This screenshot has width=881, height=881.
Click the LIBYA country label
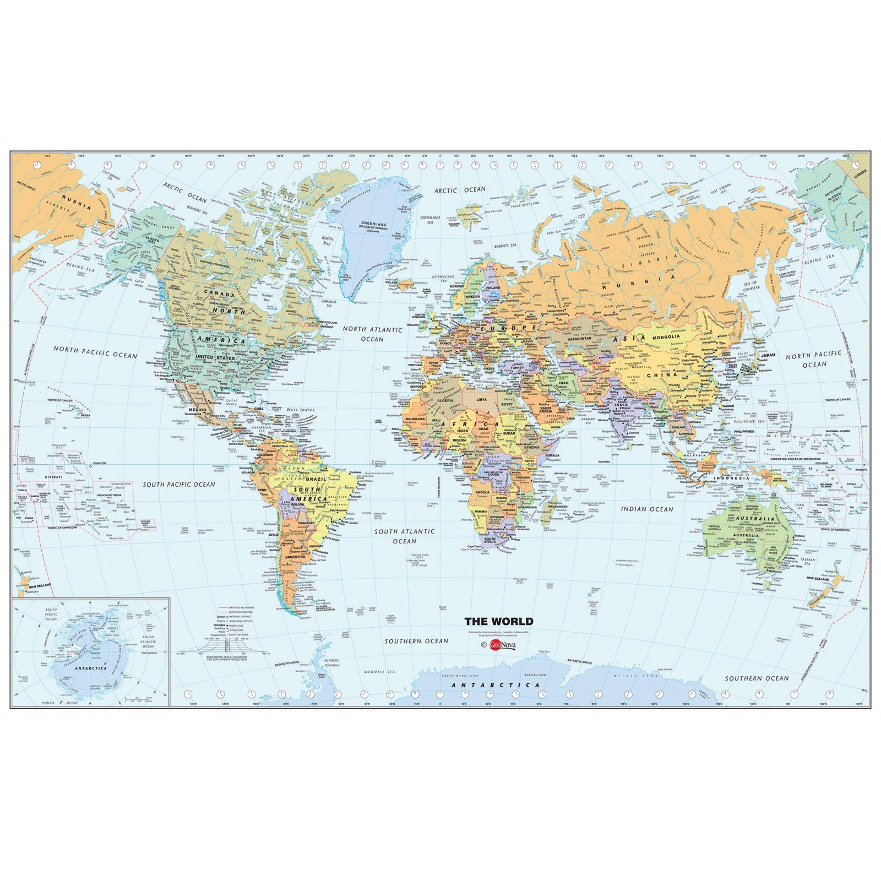tap(482, 398)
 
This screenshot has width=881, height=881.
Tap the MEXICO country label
tap(197, 410)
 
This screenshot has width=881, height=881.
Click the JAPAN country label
tap(768, 355)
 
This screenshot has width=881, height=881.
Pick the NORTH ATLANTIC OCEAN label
tap(372, 334)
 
